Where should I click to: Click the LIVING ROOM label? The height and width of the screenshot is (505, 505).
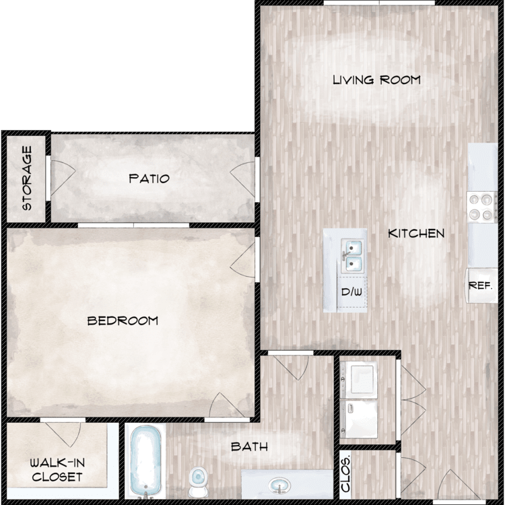click(x=376, y=80)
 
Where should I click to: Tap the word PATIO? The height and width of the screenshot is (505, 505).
click(x=149, y=178)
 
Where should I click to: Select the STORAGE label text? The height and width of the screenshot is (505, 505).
click(x=27, y=178)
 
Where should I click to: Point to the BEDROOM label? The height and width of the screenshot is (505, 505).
click(x=123, y=321)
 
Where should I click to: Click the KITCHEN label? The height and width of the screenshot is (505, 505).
click(x=416, y=234)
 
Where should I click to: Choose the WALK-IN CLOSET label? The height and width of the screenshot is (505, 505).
click(x=57, y=470)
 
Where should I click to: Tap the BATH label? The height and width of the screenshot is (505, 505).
click(x=250, y=446)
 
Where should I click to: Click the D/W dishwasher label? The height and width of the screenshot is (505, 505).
click(x=351, y=292)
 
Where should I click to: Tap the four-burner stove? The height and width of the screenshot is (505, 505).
click(x=482, y=207)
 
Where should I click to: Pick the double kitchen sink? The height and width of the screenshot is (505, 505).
click(x=352, y=256)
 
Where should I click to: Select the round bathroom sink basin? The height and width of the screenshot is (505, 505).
click(x=279, y=485)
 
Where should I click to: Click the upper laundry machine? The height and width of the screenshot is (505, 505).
click(x=358, y=380)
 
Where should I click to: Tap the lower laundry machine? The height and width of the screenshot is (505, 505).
click(x=358, y=419)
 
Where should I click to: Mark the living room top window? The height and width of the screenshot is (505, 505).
click(x=379, y=3)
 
